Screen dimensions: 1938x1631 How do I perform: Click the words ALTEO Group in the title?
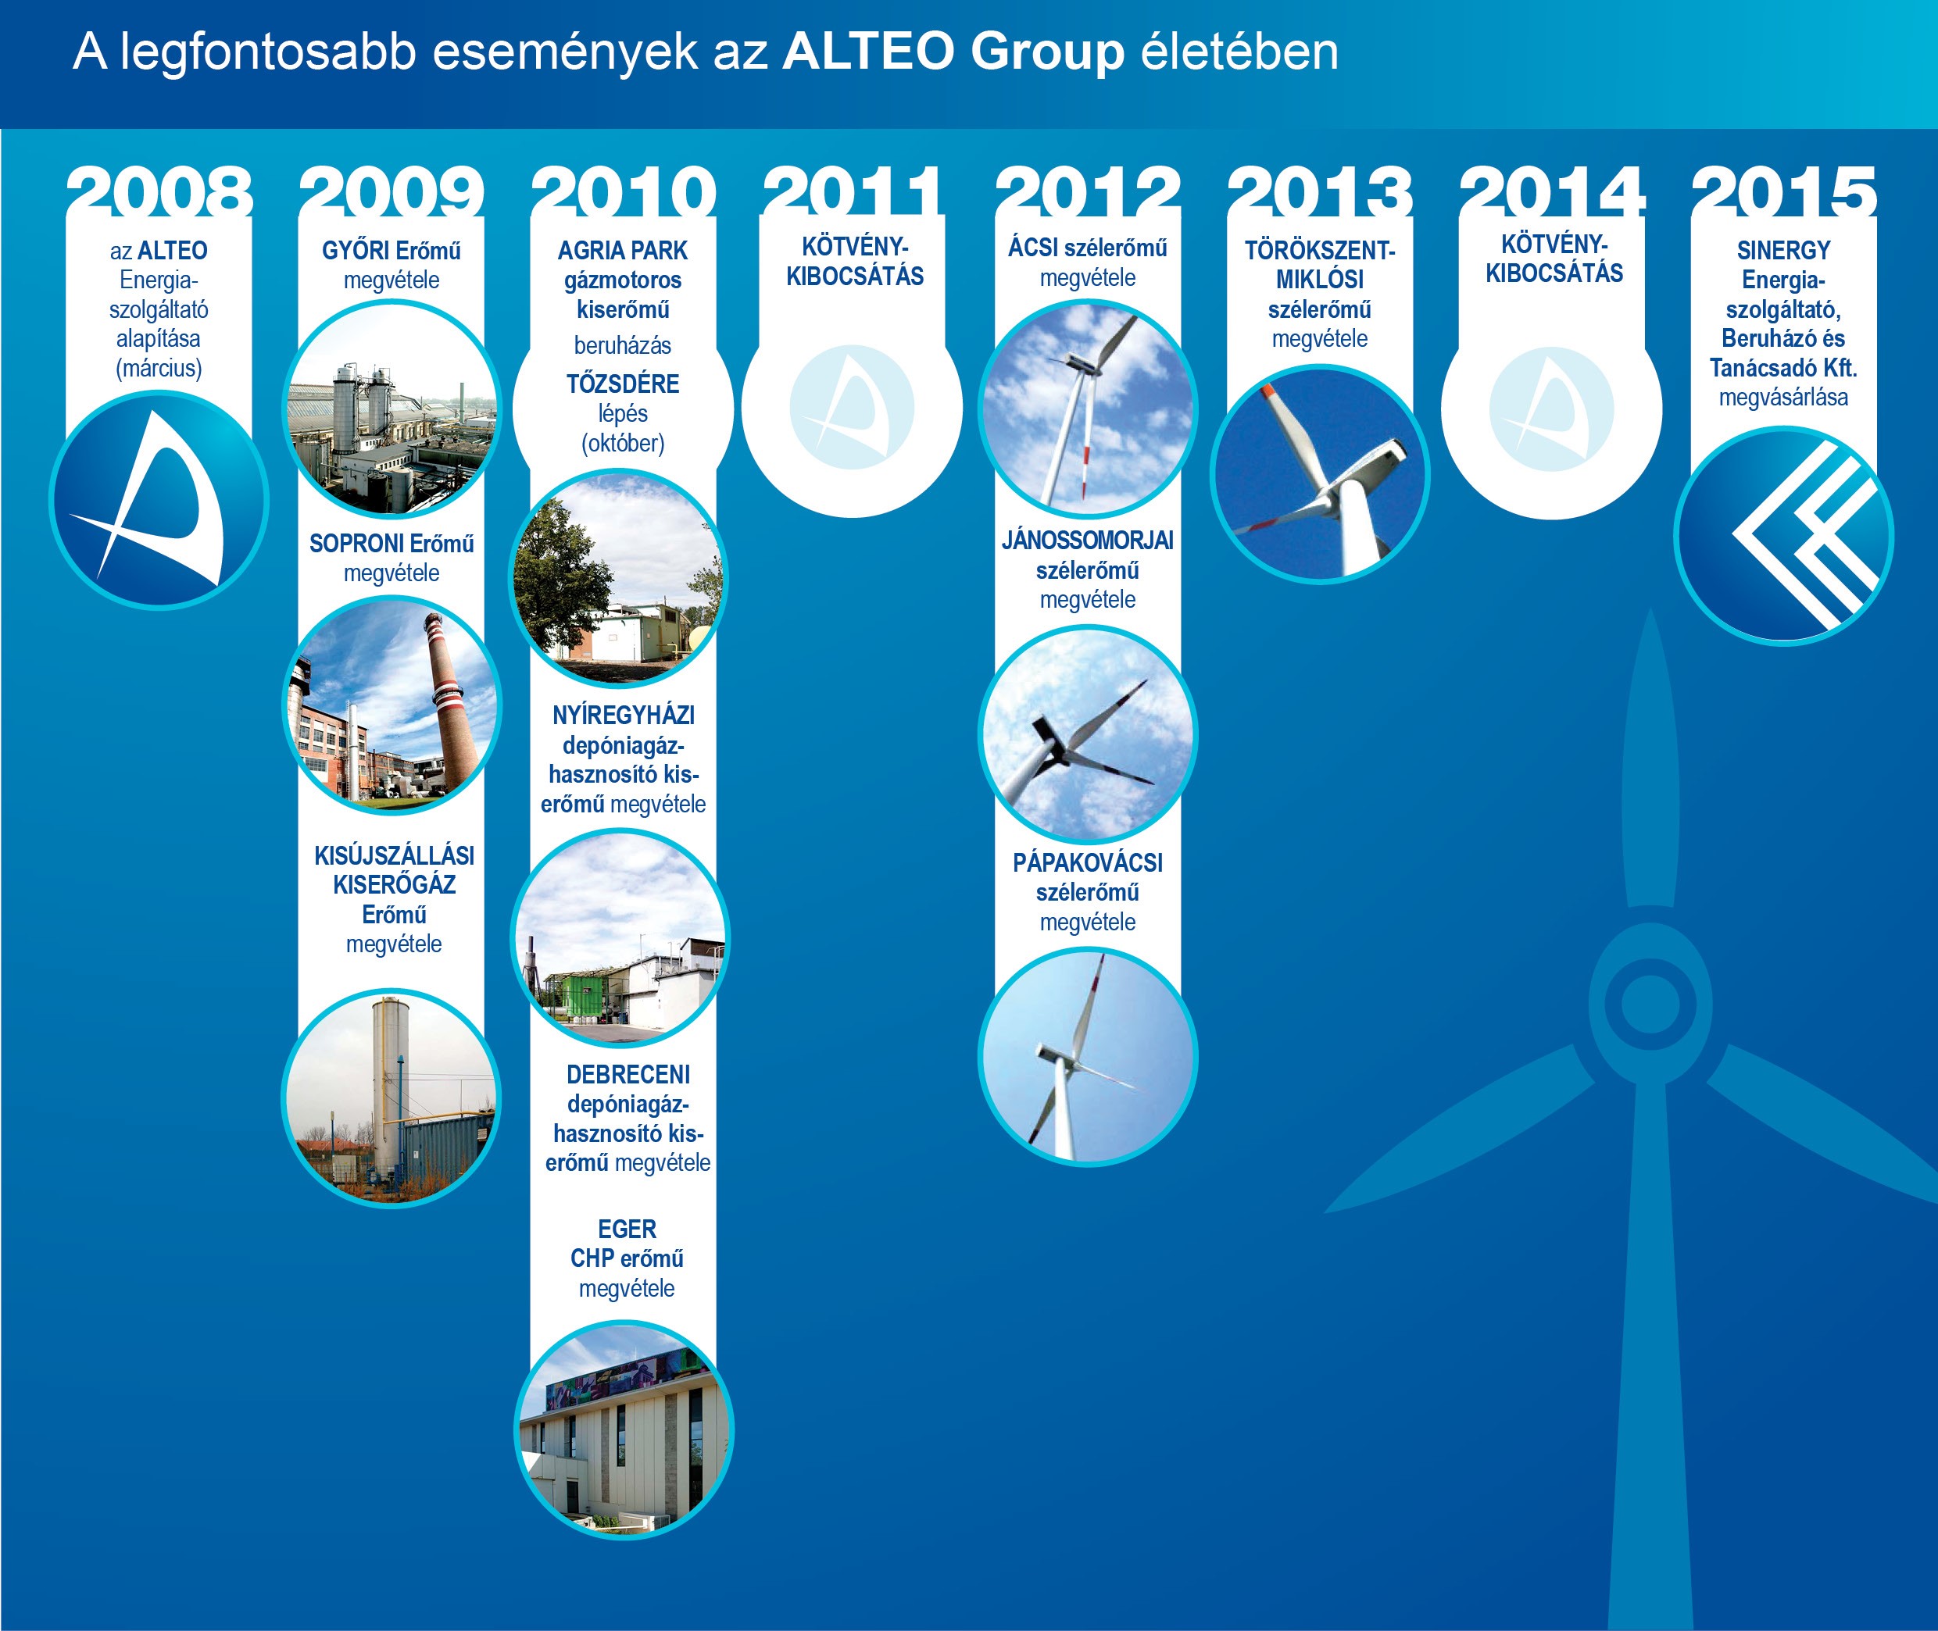[953, 51]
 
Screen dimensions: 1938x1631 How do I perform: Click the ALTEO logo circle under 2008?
[159, 499]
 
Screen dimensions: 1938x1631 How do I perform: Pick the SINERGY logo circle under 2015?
[1783, 535]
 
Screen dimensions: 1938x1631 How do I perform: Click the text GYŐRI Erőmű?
[392, 251]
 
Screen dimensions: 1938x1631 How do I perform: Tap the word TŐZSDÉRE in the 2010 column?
[623, 384]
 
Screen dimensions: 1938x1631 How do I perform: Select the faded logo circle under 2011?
[852, 408]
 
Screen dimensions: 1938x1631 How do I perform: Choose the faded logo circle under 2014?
[1551, 408]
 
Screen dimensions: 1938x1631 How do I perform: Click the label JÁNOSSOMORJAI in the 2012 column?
[1088, 540]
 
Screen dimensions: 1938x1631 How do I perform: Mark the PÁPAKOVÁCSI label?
[1088, 862]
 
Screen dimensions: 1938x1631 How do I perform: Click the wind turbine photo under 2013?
[1320, 474]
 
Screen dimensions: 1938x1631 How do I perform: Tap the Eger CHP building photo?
[624, 1429]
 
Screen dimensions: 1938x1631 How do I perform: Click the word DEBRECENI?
[628, 1074]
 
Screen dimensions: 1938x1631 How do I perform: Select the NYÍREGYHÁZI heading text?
[624, 715]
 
